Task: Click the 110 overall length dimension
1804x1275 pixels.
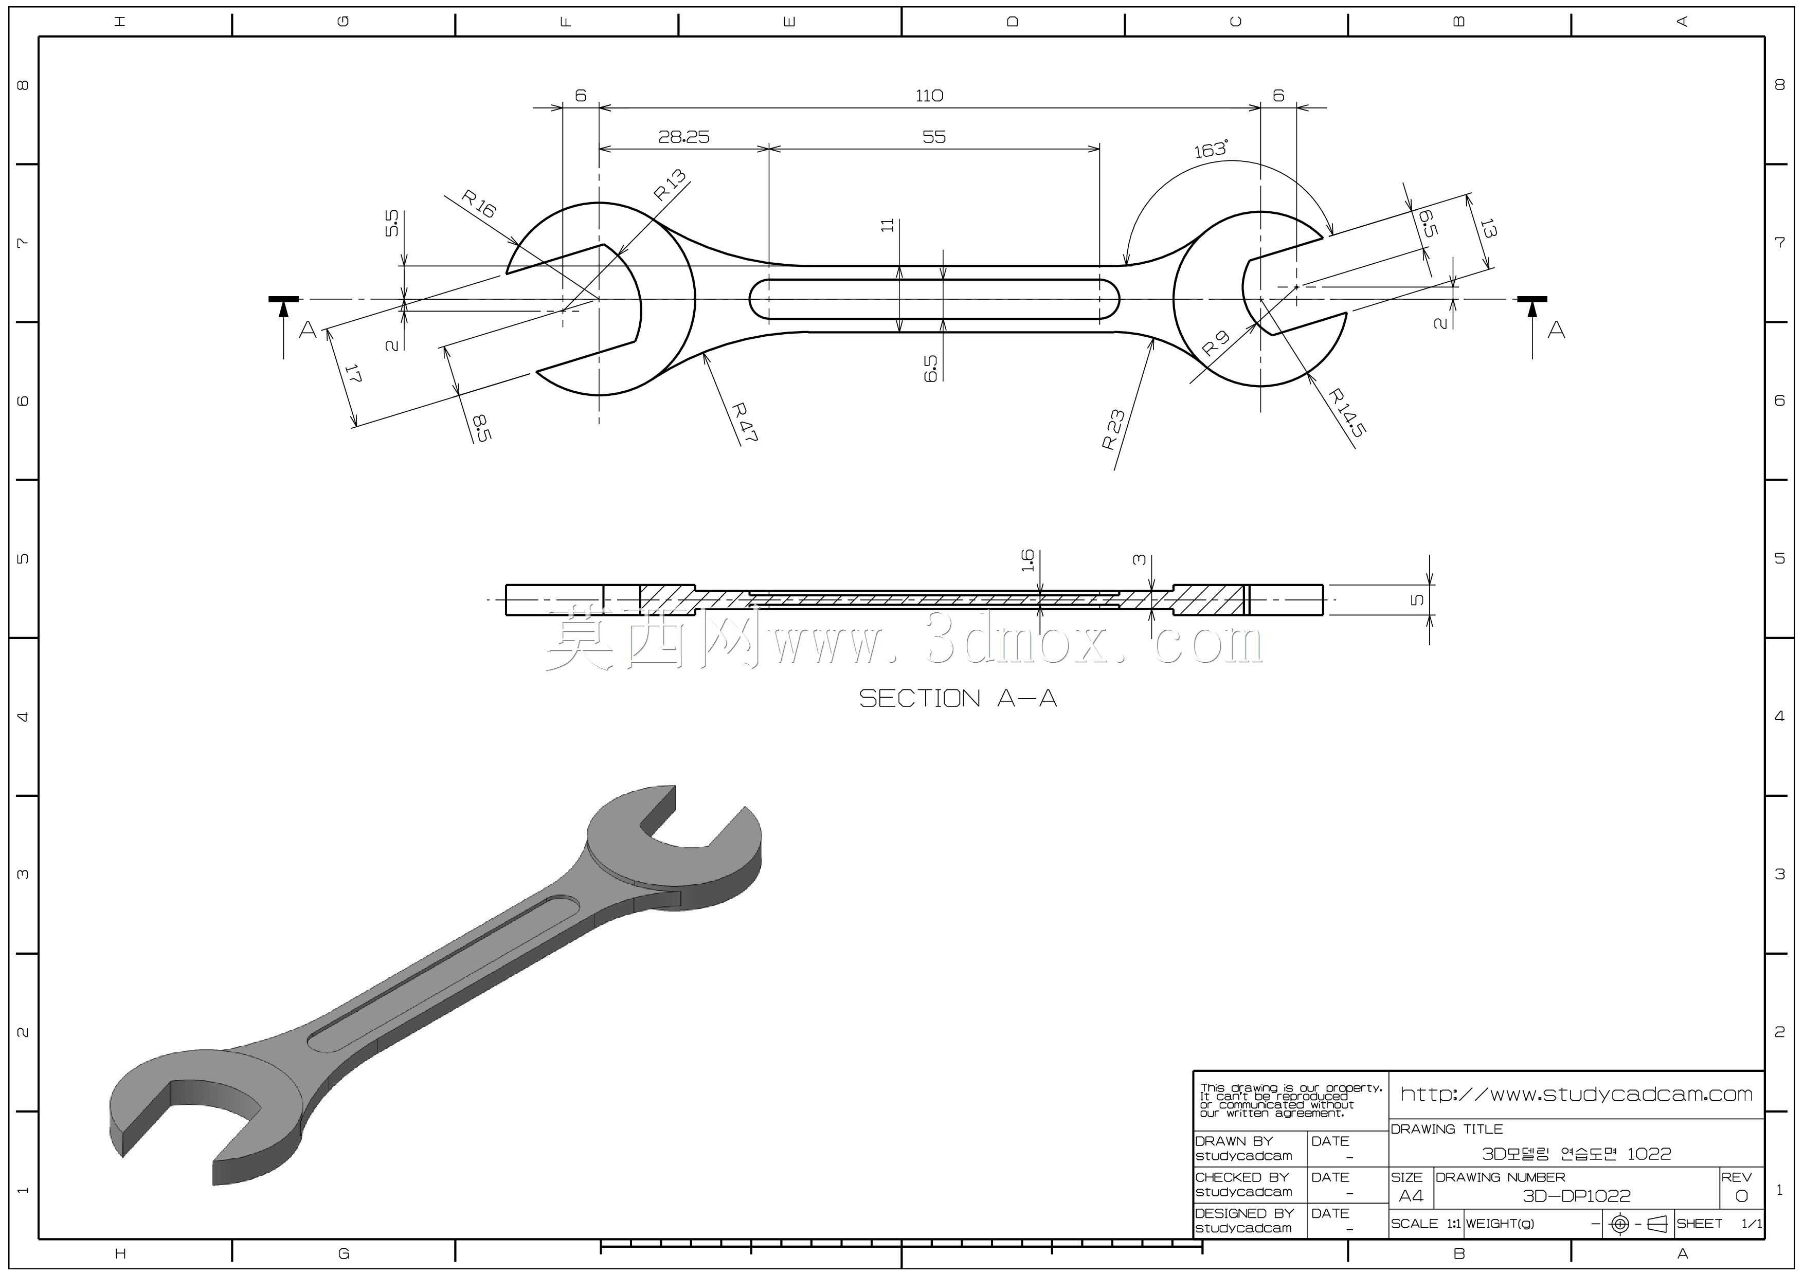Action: pos(929,96)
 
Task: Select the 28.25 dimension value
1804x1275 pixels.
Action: pos(683,137)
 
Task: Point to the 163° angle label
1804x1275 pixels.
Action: pos(1211,149)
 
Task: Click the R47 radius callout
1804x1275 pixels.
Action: pos(743,423)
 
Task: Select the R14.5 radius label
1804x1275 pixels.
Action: pos(1347,412)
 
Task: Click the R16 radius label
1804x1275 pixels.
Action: pos(478,204)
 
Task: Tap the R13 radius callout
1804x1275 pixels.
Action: pos(670,186)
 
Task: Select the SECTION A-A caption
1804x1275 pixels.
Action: pos(958,698)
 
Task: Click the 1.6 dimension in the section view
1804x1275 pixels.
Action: pos(1027,560)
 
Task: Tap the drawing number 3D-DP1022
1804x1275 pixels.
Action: pos(1576,1196)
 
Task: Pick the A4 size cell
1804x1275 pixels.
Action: pos(1411,1196)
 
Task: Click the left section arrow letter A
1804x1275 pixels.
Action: pos(307,330)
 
